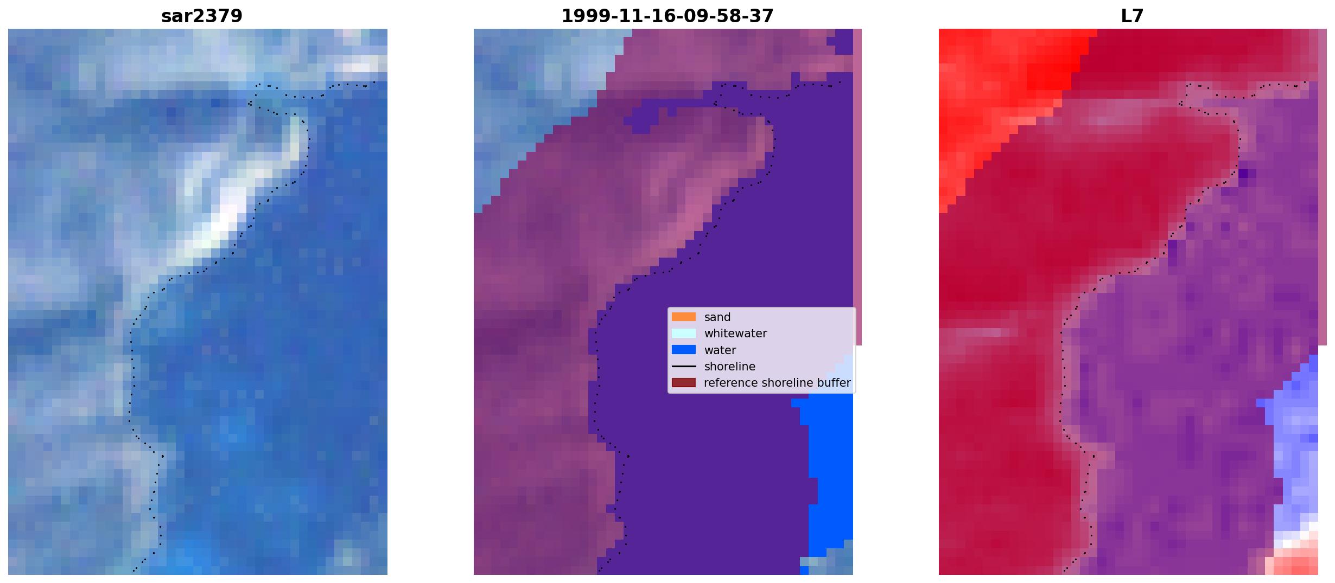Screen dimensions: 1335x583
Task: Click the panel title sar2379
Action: click(201, 16)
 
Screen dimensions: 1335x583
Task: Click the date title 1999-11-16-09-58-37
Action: click(667, 16)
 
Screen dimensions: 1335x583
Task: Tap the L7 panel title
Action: click(1132, 16)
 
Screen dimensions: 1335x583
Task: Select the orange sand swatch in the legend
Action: click(683, 317)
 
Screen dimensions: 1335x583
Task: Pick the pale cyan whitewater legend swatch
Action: click(683, 333)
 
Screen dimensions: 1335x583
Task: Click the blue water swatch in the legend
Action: click(683, 350)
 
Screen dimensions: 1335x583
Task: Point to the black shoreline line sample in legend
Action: click(683, 366)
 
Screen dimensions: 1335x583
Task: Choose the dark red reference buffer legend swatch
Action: click(683, 382)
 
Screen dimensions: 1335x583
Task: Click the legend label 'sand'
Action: click(717, 317)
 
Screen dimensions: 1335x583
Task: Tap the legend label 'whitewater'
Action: click(735, 334)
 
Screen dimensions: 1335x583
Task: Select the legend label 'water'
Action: click(720, 350)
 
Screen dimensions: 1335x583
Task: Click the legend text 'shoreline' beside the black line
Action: click(729, 367)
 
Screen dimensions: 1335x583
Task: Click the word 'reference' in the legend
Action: click(730, 383)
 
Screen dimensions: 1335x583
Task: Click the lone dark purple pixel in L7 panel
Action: click(1243, 174)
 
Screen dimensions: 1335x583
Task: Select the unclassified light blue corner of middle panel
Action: click(537, 98)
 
